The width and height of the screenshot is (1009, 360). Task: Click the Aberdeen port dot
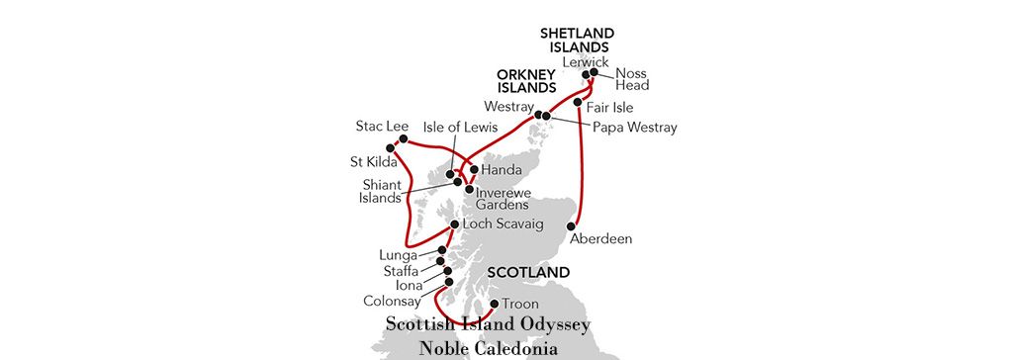(571, 226)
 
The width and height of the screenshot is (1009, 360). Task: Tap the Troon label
(520, 303)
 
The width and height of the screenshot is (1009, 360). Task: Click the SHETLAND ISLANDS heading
(575, 39)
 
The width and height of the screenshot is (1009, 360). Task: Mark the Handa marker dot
(474, 168)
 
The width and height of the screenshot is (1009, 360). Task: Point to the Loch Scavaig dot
(454, 225)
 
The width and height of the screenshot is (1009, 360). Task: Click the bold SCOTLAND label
(528, 272)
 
